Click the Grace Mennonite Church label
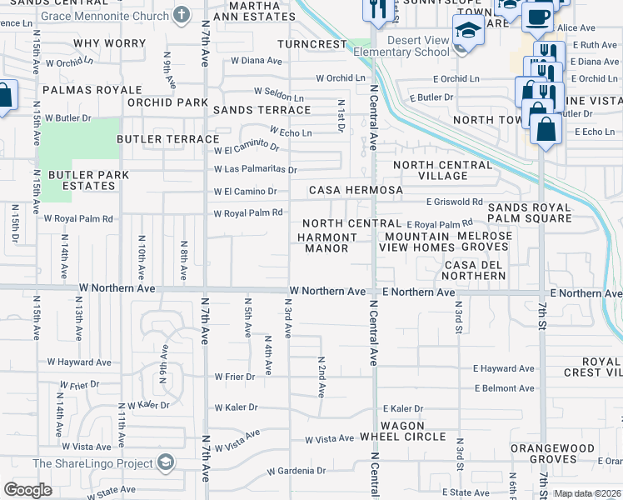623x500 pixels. point(104,15)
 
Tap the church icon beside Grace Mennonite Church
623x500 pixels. point(182,14)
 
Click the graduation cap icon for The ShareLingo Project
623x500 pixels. point(166,463)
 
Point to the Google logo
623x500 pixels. point(27,489)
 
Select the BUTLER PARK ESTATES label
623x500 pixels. point(82,180)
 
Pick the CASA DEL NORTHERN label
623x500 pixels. point(474,270)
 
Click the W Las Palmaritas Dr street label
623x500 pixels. point(255,169)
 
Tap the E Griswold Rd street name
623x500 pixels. point(454,202)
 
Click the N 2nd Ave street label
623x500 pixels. point(321,376)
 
